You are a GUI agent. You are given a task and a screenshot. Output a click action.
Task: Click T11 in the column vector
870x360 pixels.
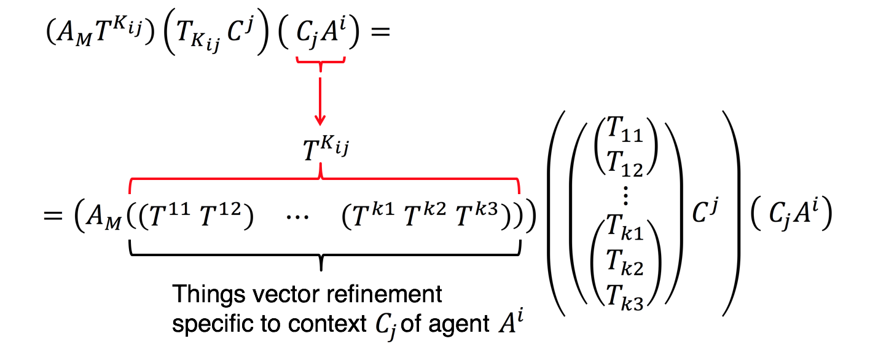click(x=625, y=131)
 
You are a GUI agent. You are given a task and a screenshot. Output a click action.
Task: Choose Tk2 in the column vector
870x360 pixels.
click(x=625, y=267)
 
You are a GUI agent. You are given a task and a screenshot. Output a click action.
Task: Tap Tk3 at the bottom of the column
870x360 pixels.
click(x=625, y=297)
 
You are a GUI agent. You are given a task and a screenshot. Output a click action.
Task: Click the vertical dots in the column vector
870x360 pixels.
click(x=625, y=198)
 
